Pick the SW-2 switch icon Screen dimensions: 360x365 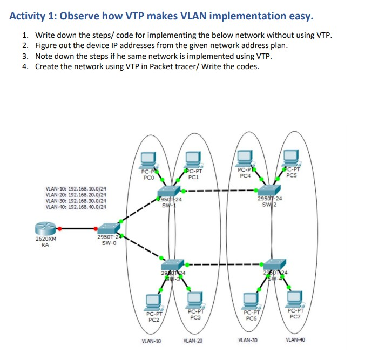pos(270,190)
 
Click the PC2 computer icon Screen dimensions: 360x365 pos(154,300)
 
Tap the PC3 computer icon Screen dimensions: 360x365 pos(195,298)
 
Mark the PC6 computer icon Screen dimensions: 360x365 pos(251,300)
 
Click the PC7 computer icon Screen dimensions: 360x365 pos(295,298)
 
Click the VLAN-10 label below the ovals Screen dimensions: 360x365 pos(151,341)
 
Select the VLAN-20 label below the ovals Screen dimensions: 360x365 pos(193,341)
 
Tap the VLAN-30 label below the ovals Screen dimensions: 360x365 pos(248,341)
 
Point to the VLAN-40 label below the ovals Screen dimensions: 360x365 pos(295,340)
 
